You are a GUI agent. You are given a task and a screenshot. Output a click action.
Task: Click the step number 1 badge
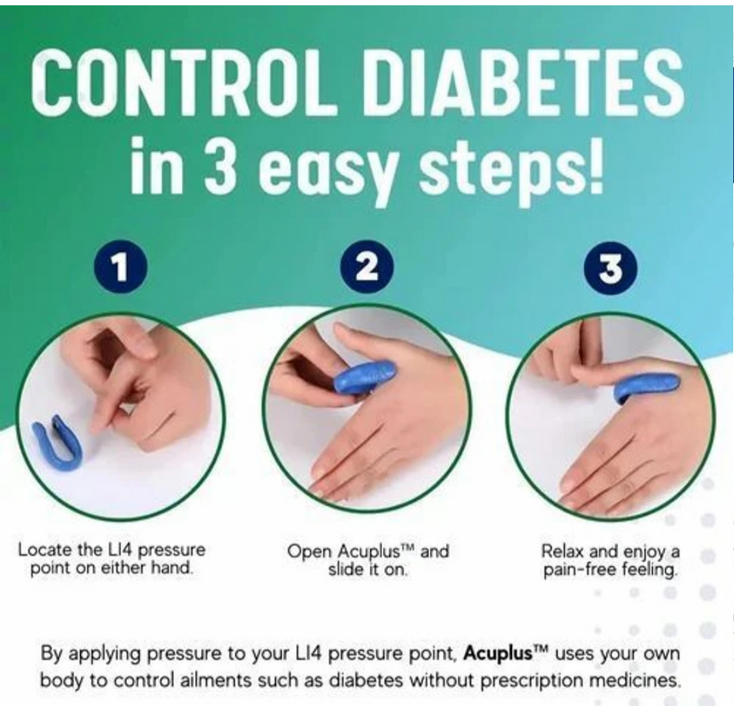(x=120, y=267)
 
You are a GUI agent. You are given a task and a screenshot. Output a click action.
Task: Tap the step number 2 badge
(x=366, y=267)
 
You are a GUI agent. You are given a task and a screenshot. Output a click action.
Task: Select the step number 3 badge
(x=611, y=268)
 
